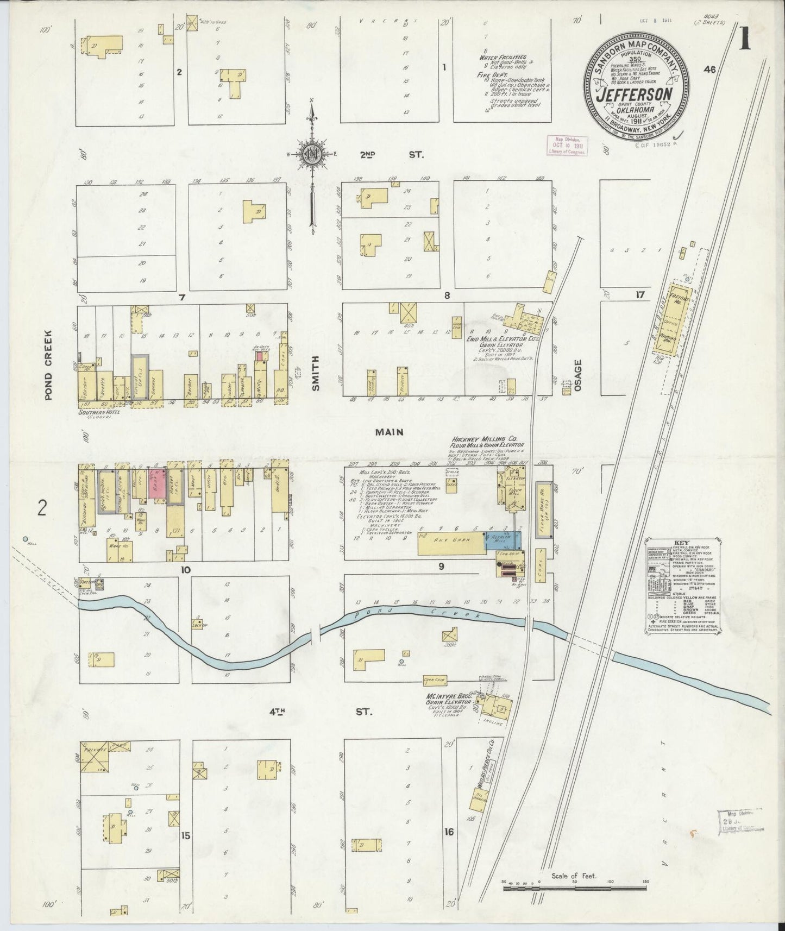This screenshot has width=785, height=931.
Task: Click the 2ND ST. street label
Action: (x=391, y=155)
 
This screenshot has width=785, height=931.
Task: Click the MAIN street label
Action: (x=390, y=432)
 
